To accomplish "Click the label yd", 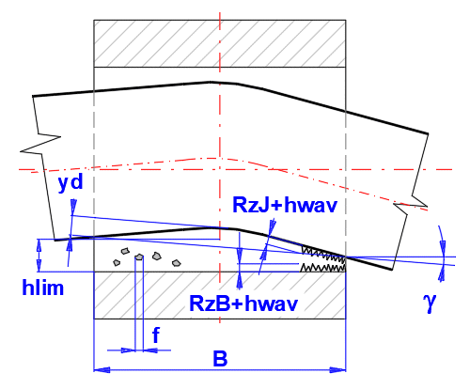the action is click(x=70, y=182).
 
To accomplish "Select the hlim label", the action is click(x=43, y=288).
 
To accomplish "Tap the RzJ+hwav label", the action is click(x=285, y=205).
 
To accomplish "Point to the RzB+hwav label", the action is click(x=243, y=303).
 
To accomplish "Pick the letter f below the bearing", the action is click(x=156, y=335).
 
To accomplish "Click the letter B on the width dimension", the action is click(x=220, y=358).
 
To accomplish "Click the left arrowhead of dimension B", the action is click(x=102, y=370).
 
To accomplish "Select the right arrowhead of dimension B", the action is click(x=337, y=370).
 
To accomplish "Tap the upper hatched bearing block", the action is click(x=220, y=43).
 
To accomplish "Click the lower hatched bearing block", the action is click(x=220, y=295).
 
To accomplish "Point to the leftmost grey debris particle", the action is click(x=117, y=262).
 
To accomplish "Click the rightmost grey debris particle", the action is click(x=177, y=262).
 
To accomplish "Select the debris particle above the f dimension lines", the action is click(x=139, y=257).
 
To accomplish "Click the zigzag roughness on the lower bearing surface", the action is click(x=322, y=268).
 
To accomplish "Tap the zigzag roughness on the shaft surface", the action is click(x=323, y=255).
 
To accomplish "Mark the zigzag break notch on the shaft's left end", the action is click(x=40, y=144).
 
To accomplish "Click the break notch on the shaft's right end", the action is click(x=411, y=205).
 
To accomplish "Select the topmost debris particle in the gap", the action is click(x=125, y=251).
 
